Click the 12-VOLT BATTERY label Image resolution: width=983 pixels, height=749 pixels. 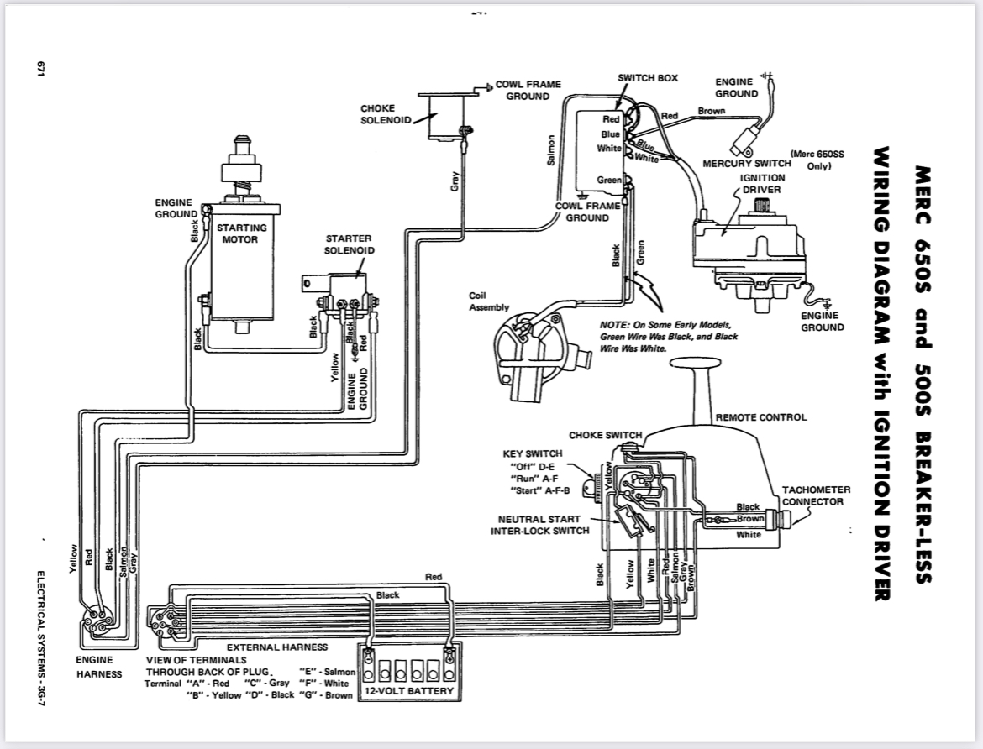[409, 691]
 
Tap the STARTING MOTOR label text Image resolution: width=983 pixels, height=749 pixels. [241, 233]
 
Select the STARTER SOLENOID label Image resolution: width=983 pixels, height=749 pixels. [350, 244]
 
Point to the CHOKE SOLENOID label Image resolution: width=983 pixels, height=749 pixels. [386, 114]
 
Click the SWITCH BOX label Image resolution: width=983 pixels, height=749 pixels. [648, 78]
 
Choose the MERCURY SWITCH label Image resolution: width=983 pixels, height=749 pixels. [747, 164]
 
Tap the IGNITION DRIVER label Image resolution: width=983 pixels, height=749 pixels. [762, 184]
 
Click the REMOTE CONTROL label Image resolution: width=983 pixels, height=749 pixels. [761, 417]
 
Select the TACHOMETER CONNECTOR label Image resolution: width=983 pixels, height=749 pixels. [817, 495]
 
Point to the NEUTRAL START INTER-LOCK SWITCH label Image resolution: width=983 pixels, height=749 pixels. [539, 526]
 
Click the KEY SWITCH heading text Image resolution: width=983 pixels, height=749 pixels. [533, 453]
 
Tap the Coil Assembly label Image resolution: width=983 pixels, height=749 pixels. [489, 301]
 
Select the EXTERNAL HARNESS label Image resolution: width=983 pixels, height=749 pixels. [277, 647]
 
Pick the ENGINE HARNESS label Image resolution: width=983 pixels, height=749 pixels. [98, 667]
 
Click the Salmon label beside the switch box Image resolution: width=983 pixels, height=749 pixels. [551, 150]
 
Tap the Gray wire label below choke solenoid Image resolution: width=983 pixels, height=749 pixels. [455, 181]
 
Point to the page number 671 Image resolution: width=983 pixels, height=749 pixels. [41, 69]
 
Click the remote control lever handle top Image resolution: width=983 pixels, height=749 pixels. [696, 363]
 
